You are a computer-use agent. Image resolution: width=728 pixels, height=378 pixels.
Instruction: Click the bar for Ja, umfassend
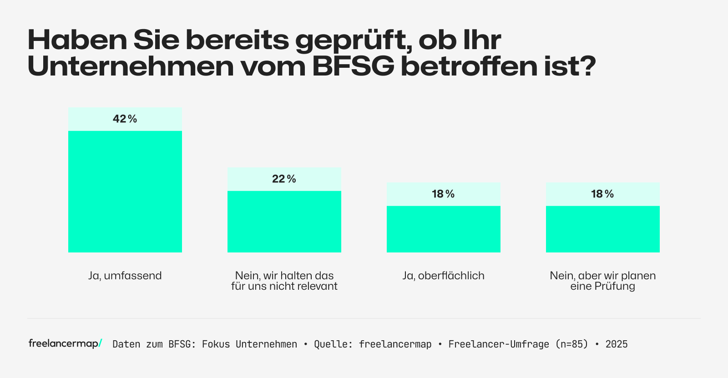pos(125,192)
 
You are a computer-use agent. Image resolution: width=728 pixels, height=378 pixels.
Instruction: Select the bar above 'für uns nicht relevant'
pos(284,222)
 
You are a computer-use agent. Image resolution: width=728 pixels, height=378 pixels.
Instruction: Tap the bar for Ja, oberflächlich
pos(444,229)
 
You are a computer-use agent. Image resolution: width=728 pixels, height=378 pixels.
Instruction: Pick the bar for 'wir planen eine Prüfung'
pos(603,229)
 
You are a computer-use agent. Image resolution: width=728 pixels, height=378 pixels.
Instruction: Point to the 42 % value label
pos(125,119)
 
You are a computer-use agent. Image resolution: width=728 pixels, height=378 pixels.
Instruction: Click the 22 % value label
pos(284,179)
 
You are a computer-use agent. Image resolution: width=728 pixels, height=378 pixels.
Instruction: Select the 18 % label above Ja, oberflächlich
pos(444,194)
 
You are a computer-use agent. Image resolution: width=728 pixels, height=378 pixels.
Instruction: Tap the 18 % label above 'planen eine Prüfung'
pos(603,194)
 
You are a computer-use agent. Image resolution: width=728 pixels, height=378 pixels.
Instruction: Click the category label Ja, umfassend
pos(125,276)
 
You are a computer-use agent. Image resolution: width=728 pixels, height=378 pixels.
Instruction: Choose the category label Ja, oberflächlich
pos(444,276)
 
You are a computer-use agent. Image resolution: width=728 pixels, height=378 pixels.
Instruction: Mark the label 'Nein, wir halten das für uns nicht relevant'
pos(284,281)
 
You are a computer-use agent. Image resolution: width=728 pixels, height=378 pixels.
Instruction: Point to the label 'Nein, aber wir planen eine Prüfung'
pos(603,281)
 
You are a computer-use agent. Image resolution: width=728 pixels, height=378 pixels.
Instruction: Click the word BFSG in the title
pos(353,66)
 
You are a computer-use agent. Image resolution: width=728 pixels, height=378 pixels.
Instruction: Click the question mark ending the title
pos(587,66)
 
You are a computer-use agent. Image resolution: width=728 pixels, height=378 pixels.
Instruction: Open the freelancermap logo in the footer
pos(65,344)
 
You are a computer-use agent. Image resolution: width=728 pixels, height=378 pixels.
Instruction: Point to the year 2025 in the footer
pos(617,344)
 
